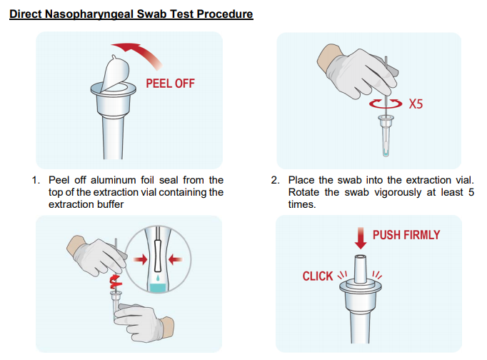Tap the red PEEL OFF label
(170, 84)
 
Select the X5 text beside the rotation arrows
(416, 104)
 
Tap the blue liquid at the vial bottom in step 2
(386, 154)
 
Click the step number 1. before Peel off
(36, 180)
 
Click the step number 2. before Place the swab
(275, 180)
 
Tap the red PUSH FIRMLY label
(406, 235)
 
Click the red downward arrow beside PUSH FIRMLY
(361, 238)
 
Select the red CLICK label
(318, 276)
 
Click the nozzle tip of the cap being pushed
(361, 257)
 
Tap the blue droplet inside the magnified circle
(158, 277)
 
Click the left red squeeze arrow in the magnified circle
(141, 259)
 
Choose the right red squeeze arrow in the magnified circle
(176, 259)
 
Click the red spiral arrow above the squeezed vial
(116, 281)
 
